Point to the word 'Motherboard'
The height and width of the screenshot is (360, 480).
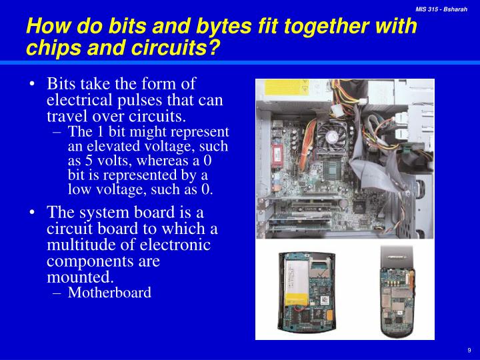pyautogui.click(x=110, y=292)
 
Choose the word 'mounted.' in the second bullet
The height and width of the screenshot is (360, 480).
pyautogui.click(x=81, y=276)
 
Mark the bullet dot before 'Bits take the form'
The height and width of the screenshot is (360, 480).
pyautogui.click(x=33, y=85)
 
